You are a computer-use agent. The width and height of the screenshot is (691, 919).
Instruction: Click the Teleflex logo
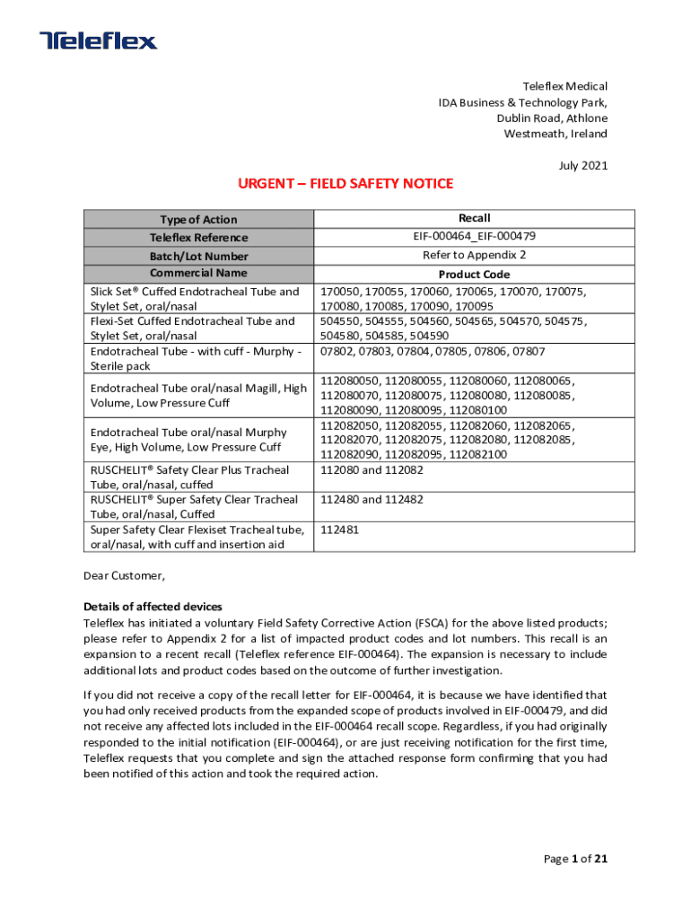coord(99,40)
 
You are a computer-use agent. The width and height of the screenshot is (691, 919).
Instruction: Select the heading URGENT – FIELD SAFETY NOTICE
coord(345,184)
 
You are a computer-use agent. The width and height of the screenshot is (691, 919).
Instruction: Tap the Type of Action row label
coord(198,220)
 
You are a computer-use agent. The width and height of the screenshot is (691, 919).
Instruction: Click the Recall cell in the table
coord(474,218)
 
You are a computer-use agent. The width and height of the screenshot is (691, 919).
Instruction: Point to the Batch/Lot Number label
coord(198,256)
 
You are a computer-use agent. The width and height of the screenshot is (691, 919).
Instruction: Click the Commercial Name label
coord(198,273)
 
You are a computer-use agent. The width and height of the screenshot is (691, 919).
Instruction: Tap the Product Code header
coord(474,275)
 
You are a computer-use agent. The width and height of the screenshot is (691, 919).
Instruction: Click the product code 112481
coord(340,530)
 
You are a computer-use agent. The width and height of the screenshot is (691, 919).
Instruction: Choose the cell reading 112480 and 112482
coord(372,500)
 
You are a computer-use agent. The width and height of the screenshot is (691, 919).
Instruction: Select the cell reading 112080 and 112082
coord(372,469)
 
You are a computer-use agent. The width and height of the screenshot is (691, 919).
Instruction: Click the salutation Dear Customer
coord(125,575)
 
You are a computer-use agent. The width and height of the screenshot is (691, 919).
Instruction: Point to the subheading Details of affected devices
coord(153,607)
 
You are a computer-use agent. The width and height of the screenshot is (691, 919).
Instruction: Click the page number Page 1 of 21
coord(576,859)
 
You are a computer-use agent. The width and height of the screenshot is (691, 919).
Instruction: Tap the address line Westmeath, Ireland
coord(555,134)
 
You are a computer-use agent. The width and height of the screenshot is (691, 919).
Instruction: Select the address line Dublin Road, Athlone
coord(552,118)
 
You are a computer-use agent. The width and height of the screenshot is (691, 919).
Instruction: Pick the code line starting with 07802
coord(433,352)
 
